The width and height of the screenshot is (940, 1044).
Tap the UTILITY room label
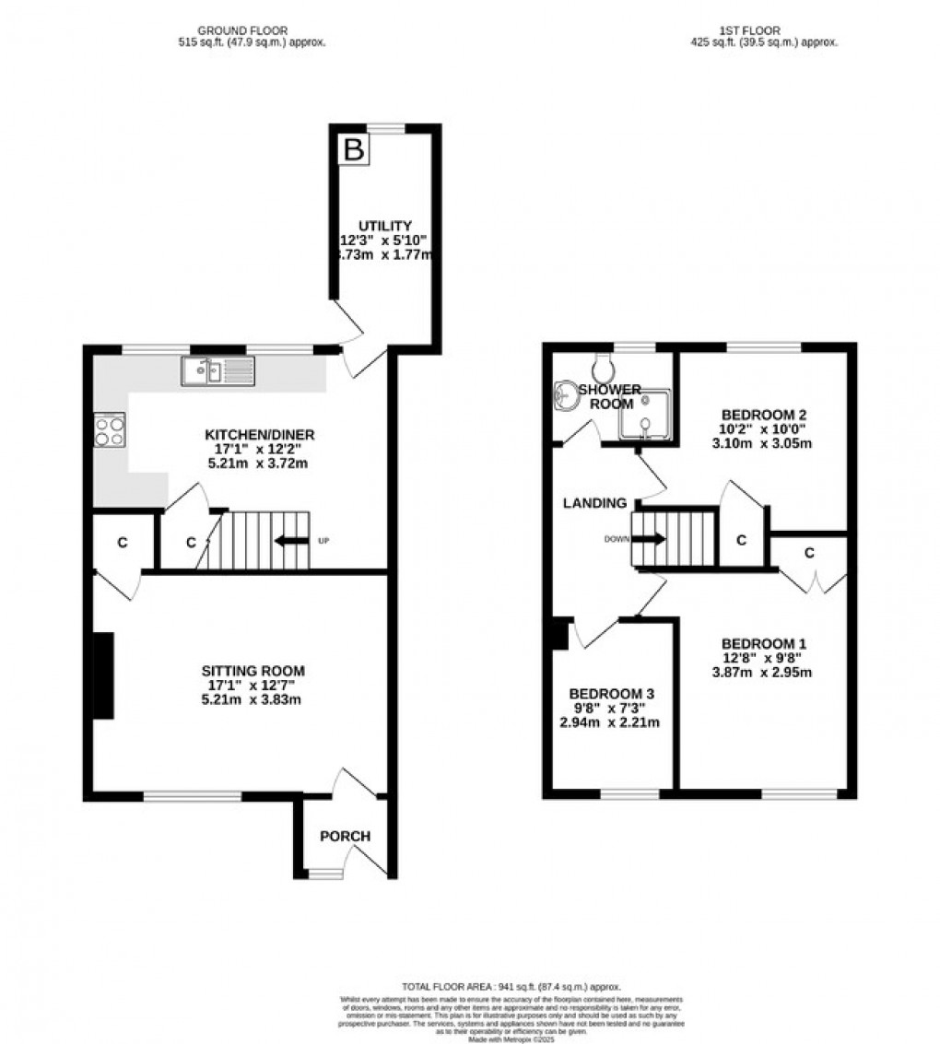click(x=386, y=226)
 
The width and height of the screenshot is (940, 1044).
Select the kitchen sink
click(x=217, y=371)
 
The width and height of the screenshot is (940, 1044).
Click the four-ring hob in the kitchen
click(x=110, y=430)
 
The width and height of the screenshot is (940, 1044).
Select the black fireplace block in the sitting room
click(x=102, y=674)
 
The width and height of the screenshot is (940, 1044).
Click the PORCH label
click(x=345, y=836)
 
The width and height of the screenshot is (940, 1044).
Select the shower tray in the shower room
click(x=644, y=412)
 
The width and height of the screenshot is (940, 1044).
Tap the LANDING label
click(x=596, y=503)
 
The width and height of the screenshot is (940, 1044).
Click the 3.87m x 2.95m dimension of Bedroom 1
click(x=767, y=673)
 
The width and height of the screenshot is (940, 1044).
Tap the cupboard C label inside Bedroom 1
click(x=808, y=552)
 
